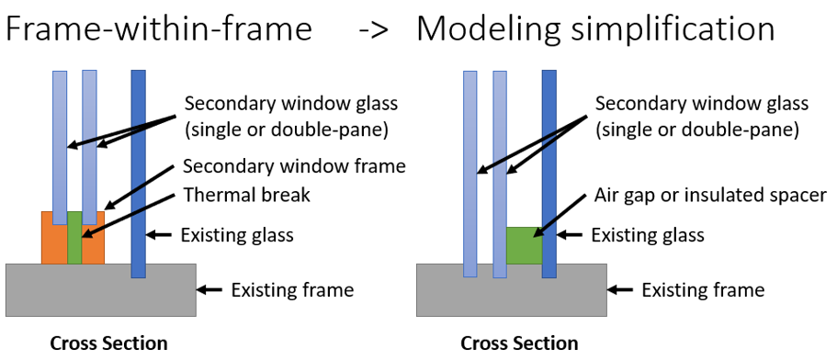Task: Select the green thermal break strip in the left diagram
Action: click(74, 239)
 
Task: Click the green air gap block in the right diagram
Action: click(525, 245)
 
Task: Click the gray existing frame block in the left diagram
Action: click(100, 290)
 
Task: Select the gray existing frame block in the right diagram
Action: click(511, 290)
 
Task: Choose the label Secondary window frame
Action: click(294, 166)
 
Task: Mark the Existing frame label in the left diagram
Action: click(292, 290)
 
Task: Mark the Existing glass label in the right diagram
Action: click(648, 235)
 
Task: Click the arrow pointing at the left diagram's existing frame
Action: click(210, 290)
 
